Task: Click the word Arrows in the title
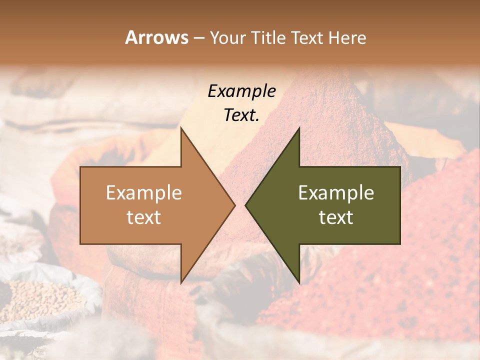tap(156, 38)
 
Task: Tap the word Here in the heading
tap(347, 38)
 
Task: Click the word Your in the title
tap(227, 38)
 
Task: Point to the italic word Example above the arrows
tap(241, 91)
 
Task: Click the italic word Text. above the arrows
tap(241, 115)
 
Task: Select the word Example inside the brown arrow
tap(144, 193)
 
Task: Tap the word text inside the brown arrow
tap(144, 217)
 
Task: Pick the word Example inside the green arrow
tap(336, 193)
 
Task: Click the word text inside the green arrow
tap(336, 217)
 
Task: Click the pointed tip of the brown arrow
tap(234, 205)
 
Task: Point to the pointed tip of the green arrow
tap(246, 205)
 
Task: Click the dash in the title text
tap(199, 38)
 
